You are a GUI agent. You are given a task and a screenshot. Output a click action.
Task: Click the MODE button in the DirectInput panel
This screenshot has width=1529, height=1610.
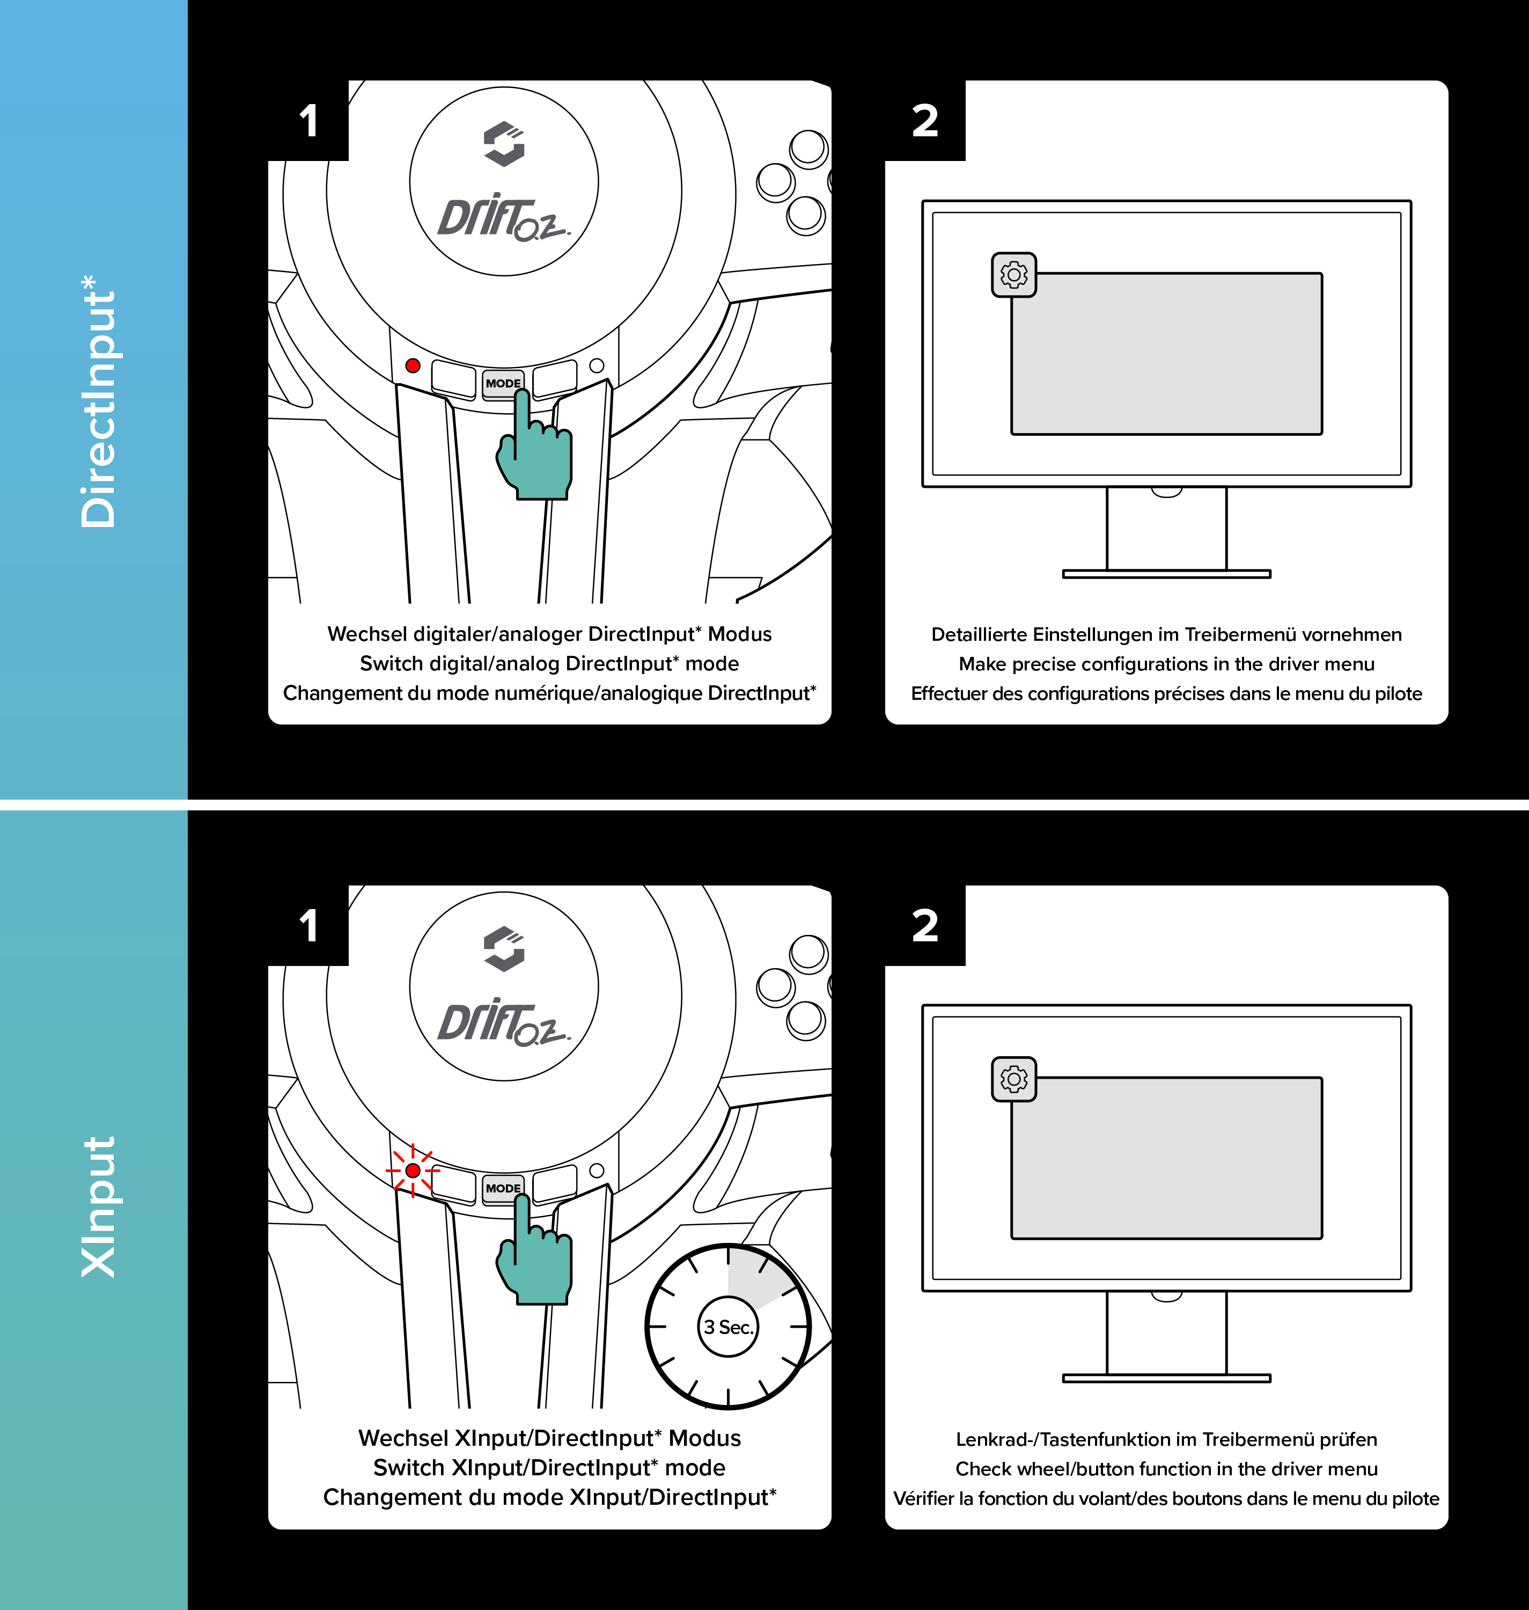502,383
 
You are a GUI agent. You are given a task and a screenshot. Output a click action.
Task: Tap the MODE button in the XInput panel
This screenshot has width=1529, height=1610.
502,1188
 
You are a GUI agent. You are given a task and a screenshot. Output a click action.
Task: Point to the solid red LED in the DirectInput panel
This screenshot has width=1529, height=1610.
413,366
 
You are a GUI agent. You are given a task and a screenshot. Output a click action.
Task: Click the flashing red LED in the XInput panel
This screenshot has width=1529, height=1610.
413,1170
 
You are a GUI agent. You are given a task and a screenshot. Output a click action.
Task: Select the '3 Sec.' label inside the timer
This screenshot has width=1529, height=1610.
729,1327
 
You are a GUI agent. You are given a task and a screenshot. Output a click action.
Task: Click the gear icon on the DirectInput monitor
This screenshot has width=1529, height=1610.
1014,275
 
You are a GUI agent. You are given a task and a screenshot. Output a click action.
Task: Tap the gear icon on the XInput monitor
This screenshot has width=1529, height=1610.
1014,1079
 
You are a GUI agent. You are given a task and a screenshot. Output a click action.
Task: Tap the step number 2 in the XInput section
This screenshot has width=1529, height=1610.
925,925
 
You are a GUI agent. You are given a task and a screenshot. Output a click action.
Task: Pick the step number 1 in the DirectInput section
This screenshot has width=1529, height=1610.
308,121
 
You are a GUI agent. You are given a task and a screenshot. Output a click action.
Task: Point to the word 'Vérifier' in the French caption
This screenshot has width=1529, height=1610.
923,1499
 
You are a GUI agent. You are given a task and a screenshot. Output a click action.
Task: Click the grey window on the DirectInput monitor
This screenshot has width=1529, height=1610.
1166,354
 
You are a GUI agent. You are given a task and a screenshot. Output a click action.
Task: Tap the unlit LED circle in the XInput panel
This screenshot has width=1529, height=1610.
597,1170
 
